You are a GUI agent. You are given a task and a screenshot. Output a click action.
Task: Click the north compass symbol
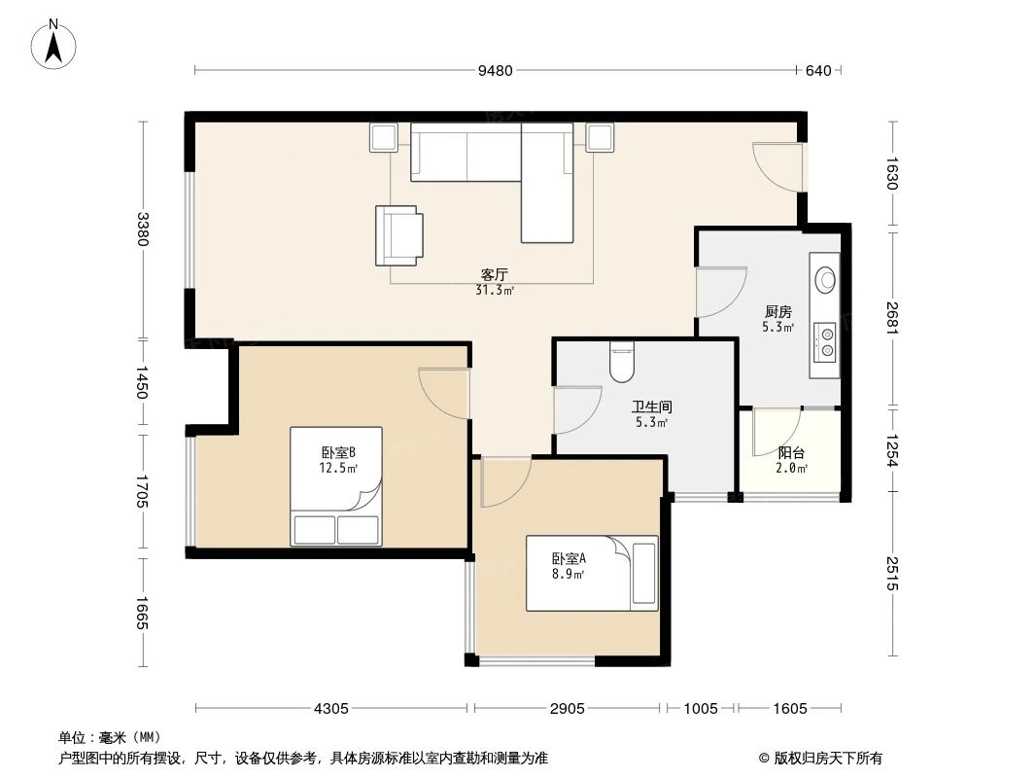coord(55,44)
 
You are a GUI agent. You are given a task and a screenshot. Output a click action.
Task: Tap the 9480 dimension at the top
coord(495,70)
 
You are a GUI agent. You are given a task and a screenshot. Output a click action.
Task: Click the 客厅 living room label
coord(495,275)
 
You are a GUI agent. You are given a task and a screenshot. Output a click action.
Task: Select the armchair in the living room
coord(399,235)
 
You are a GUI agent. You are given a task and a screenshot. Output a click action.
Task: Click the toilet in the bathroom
coord(620,362)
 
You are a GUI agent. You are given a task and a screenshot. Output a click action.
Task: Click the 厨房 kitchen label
coord(777,312)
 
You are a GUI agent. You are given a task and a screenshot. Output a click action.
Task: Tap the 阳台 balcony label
coord(791,453)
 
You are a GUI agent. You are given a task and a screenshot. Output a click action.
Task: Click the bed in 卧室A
coord(592,573)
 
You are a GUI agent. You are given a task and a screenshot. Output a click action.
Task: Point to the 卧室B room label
coord(338,452)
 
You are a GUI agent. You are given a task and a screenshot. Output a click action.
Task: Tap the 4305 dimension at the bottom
coord(331,708)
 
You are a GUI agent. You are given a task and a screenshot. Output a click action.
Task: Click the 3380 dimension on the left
coord(144,230)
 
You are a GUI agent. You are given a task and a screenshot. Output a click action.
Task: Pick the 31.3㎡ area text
coord(495,290)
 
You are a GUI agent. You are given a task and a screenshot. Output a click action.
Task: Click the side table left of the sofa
coord(383,137)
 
